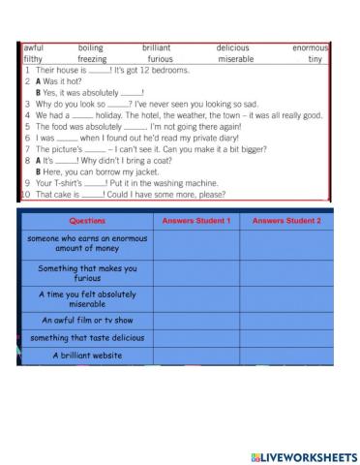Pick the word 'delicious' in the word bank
(232, 46)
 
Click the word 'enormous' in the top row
(310, 46)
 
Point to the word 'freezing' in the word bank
(92, 58)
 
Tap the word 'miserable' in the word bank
(235, 58)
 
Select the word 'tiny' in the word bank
(315, 58)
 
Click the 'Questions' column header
(88, 221)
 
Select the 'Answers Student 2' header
(285, 221)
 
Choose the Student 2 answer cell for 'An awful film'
(285, 319)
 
